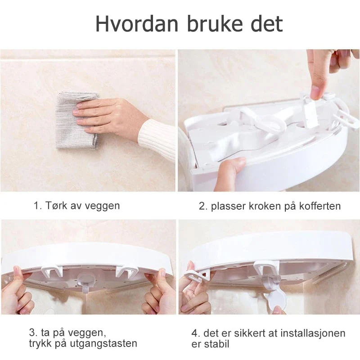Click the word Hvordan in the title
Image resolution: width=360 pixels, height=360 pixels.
tap(137, 24)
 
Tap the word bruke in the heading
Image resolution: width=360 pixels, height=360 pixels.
tap(215, 24)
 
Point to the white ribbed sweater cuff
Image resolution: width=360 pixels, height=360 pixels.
tap(157, 140)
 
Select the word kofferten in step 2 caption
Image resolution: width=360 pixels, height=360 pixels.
tap(320, 206)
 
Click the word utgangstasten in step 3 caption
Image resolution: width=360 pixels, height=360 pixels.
tap(103, 343)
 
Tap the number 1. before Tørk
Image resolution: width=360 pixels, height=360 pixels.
tap(38, 206)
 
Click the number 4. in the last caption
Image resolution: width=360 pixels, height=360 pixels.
tap(196, 333)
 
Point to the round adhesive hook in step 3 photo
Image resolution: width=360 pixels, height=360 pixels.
tap(86, 282)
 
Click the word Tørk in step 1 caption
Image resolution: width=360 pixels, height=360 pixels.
tap(56, 205)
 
